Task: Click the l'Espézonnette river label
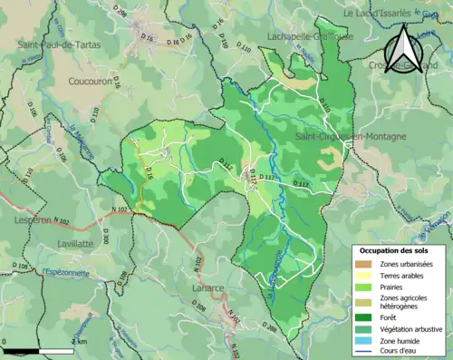coord(63,271)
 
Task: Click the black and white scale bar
coord(37,350)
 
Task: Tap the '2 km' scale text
coord(80,341)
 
